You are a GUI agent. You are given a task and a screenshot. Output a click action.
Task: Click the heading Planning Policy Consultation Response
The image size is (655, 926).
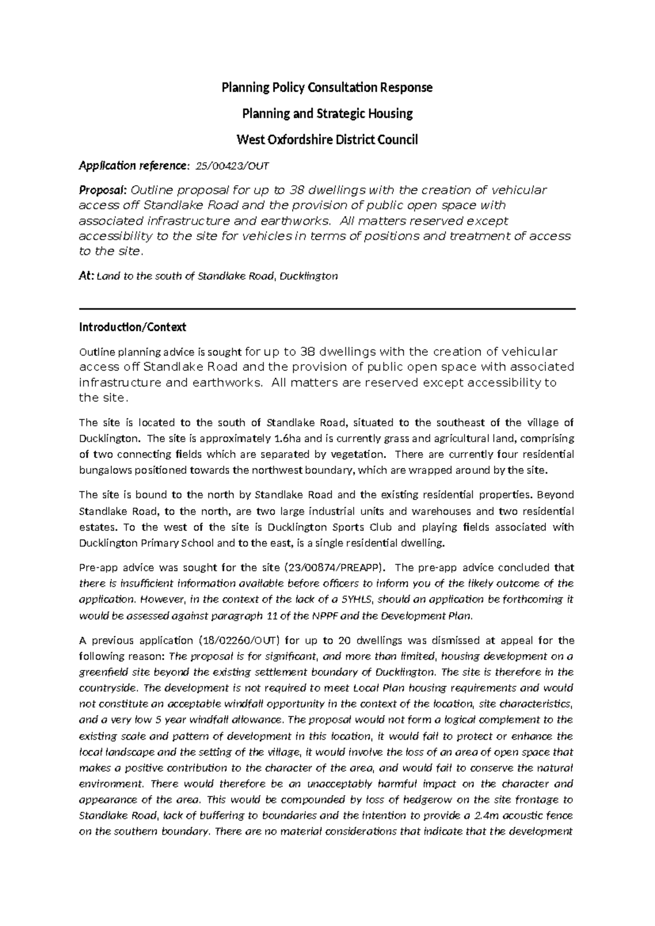pos(326,87)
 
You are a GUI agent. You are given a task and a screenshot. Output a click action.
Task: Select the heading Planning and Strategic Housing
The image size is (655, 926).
pos(327,114)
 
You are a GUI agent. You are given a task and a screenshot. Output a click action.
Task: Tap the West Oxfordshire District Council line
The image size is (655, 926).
pos(326,140)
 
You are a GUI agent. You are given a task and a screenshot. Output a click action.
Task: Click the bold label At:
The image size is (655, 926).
pos(86,276)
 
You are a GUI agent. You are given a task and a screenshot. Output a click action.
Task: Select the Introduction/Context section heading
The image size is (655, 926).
pos(133,327)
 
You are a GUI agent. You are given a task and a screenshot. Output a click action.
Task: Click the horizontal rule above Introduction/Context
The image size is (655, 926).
pos(327,309)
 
